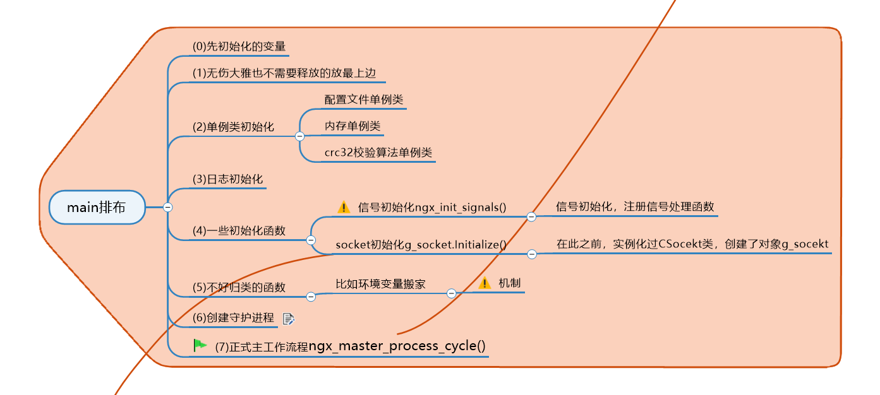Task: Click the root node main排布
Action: click(97, 207)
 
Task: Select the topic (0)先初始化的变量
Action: click(239, 47)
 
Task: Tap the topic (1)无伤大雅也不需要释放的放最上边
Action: click(288, 73)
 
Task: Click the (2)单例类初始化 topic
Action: click(233, 127)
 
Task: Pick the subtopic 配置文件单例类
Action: click(364, 100)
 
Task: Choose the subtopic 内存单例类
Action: click(353, 126)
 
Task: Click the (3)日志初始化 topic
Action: click(227, 179)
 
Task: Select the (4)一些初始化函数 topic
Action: click(239, 231)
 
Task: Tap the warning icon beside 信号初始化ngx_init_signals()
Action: click(344, 207)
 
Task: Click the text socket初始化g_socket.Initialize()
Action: click(421, 245)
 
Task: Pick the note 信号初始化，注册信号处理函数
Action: click(635, 206)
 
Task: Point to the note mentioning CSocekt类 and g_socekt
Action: click(692, 244)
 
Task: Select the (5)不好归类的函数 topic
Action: click(239, 288)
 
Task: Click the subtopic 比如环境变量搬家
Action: click(380, 284)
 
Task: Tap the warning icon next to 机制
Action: click(485, 283)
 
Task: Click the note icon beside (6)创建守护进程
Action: click(289, 319)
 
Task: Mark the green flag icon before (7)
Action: click(200, 345)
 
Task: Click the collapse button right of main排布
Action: click(167, 207)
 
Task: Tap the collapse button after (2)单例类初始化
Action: click(299, 136)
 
